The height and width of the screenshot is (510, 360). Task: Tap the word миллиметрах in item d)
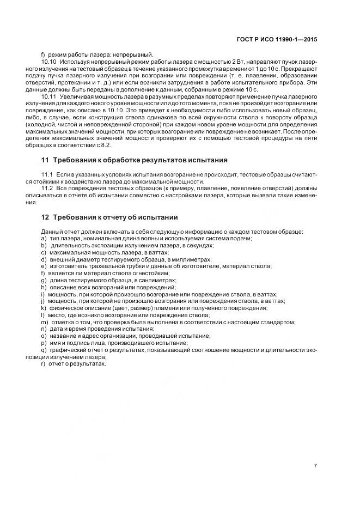click(x=194, y=259)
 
